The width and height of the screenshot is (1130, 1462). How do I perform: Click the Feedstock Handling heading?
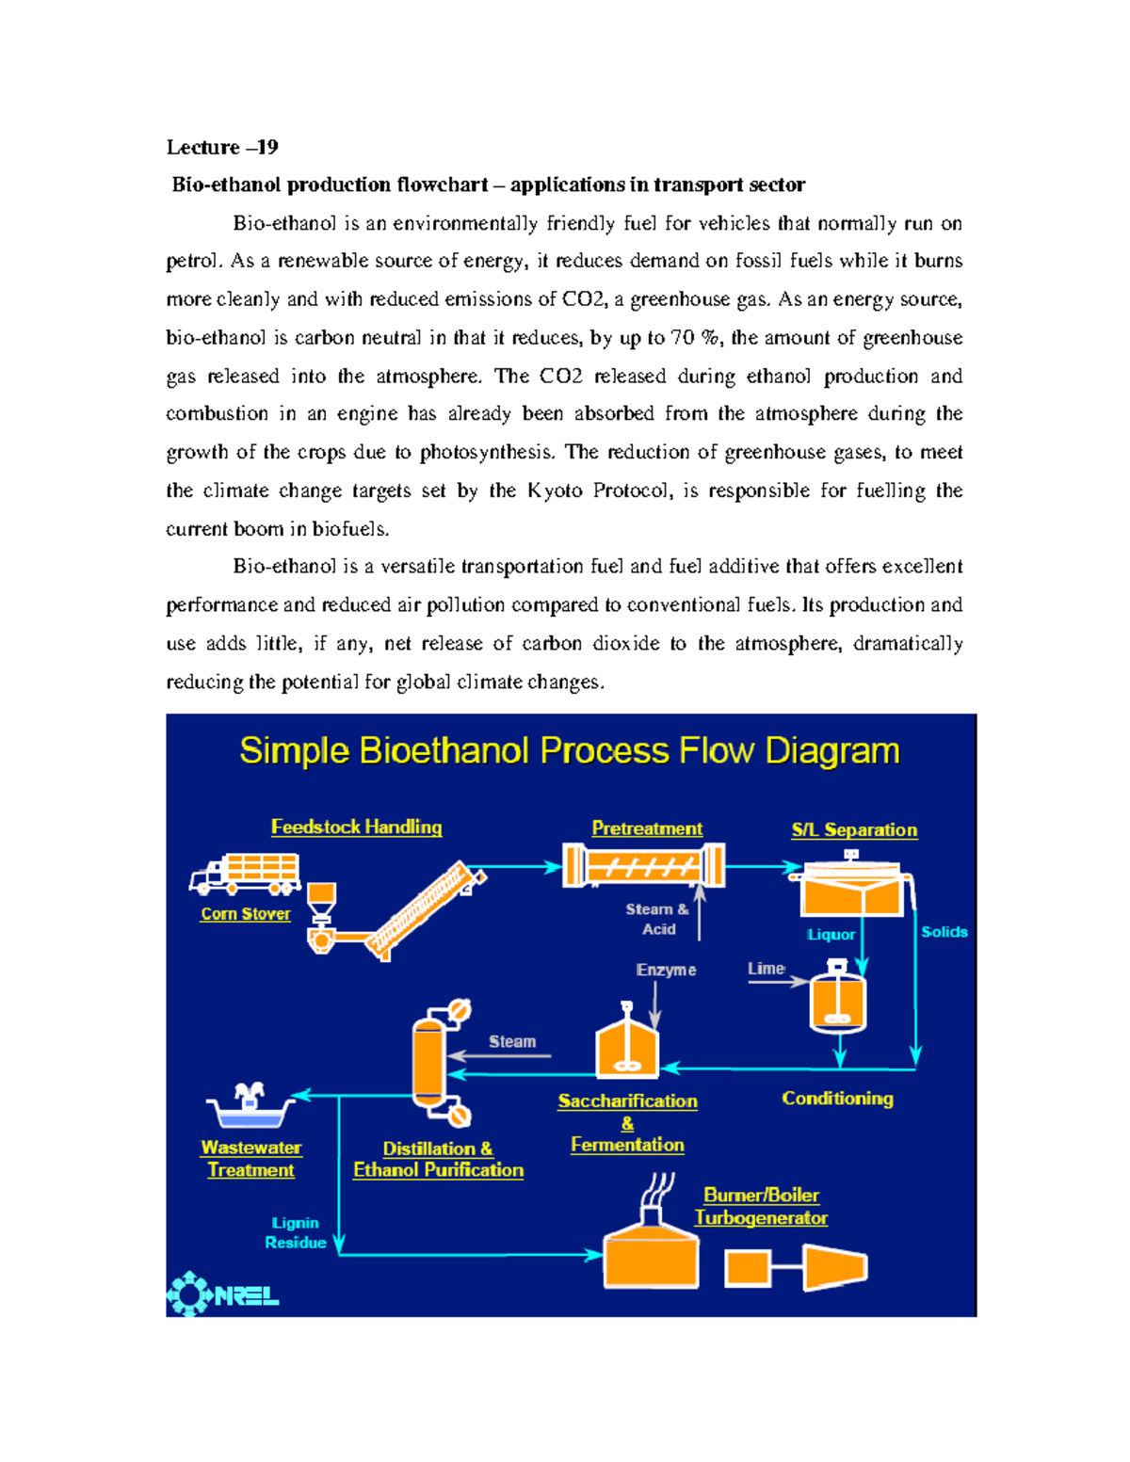pos(356,827)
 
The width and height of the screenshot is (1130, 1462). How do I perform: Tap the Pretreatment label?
pos(647,828)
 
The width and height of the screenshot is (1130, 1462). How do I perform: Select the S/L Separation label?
pos(854,829)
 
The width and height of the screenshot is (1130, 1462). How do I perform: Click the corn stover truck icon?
pos(245,873)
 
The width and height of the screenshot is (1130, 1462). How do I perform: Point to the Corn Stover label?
pos(246,913)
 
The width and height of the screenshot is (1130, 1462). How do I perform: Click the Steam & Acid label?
pos(657,919)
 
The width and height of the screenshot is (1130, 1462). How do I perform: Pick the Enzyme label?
pos(666,970)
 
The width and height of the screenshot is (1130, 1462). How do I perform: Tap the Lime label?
pos(766,969)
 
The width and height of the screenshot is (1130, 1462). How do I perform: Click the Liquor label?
pos(831,935)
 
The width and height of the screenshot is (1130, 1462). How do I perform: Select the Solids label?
pos(944,932)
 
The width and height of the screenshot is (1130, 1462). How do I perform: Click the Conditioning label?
pos(837,1099)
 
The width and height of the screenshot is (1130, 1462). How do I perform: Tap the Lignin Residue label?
pos(296,1232)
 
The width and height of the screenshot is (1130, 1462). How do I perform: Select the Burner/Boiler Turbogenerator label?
pos(761,1206)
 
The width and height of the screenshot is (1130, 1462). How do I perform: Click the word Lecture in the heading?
pos(202,147)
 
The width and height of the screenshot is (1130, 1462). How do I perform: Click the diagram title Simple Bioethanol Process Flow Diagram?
pos(570,751)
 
